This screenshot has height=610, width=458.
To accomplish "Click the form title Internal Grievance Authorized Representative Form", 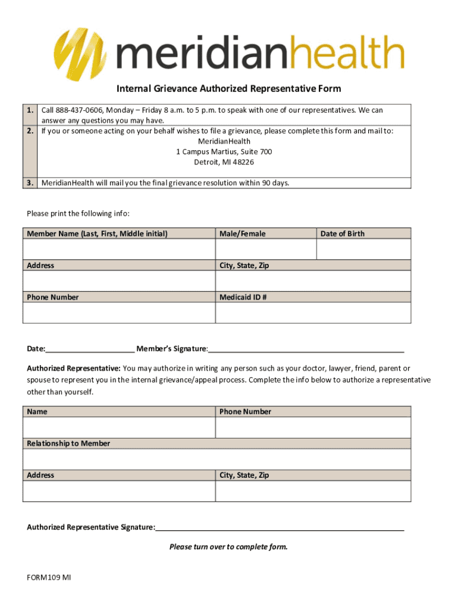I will point(228,89).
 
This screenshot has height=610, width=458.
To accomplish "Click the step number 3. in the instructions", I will point(30,183).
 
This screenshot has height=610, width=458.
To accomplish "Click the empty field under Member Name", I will point(119,249).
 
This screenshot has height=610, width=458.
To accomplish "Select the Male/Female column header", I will point(243,234).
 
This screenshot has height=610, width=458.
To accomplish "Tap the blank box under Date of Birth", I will point(363,249).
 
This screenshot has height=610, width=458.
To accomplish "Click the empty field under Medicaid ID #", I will point(313,313).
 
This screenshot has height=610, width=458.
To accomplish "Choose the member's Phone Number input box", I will point(119,313).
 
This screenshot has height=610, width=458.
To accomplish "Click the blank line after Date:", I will point(90,349).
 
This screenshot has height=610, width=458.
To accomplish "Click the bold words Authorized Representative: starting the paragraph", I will point(74,368).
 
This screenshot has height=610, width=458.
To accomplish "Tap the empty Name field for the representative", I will point(119,428).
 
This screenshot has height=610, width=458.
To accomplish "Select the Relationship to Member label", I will point(68,443).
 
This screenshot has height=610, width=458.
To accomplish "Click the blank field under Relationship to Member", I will point(217,459).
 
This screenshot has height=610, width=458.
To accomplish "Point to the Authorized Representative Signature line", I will point(280,528).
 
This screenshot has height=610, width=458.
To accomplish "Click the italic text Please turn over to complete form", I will point(228,546).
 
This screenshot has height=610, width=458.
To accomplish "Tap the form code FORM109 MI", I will point(49,577).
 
